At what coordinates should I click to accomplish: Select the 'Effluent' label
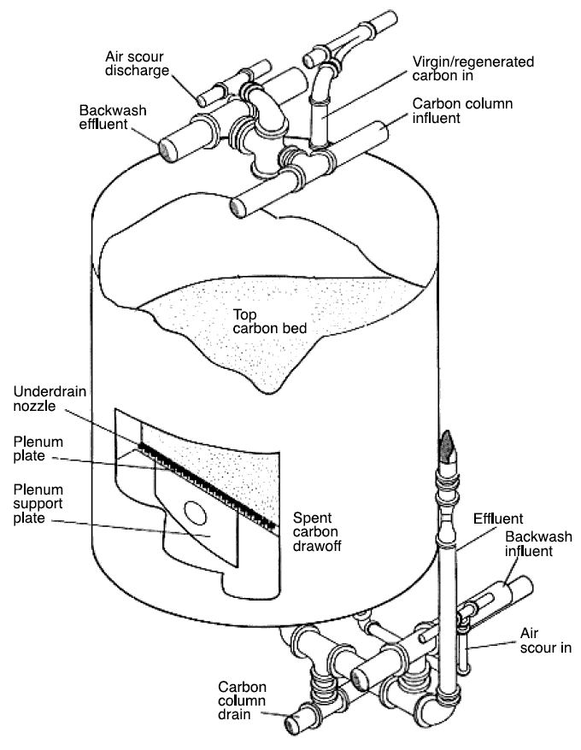pyautogui.click(x=496, y=518)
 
